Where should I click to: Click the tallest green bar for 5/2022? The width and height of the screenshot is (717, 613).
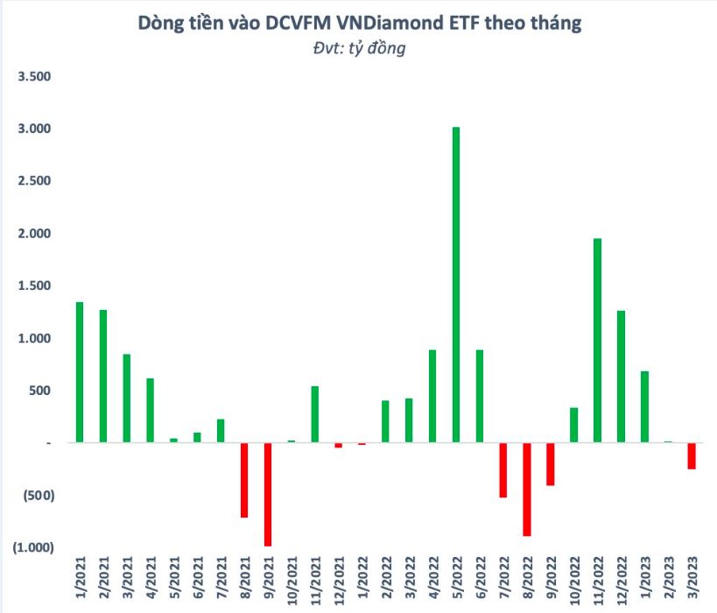(x=456, y=285)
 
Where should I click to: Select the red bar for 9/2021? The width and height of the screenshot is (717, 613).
(x=268, y=494)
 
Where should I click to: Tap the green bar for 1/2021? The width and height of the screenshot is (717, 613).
(x=80, y=372)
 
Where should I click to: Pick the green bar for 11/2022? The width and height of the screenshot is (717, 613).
(x=597, y=341)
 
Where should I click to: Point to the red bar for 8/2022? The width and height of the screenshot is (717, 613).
(x=527, y=489)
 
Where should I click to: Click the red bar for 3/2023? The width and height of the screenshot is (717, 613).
(x=692, y=456)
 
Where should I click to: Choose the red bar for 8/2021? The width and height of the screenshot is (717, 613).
(x=244, y=480)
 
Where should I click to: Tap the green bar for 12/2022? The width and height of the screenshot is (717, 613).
(x=621, y=377)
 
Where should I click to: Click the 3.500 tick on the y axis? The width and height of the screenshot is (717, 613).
(x=36, y=77)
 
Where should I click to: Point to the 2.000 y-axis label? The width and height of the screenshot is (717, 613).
(x=36, y=234)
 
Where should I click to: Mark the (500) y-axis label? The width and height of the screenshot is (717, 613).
(x=38, y=495)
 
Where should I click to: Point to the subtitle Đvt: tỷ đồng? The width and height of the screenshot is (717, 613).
(x=359, y=49)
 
